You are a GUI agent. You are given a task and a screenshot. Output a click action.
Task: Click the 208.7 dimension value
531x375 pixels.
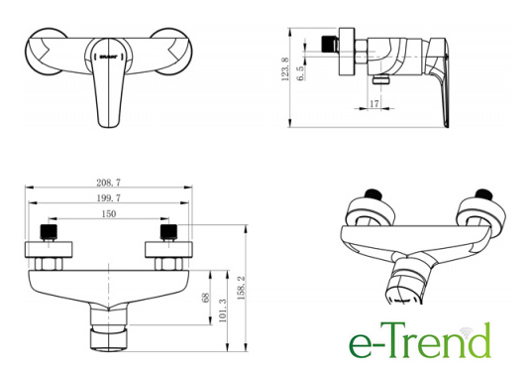[x=108, y=183]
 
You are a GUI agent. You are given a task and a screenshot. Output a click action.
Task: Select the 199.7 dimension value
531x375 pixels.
[x=108, y=198]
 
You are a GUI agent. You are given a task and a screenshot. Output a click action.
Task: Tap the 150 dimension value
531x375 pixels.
[x=109, y=214]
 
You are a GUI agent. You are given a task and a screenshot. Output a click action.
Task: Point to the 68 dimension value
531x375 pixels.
[x=205, y=298]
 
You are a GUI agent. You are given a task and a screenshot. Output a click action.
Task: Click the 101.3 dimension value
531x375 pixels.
[x=223, y=311]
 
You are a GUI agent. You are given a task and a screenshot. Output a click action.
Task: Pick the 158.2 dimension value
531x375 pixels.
[x=241, y=288]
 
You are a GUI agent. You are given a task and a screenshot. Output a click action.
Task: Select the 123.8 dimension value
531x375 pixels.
[x=285, y=69]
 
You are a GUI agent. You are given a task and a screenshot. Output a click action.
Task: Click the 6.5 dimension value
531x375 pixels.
[x=300, y=73]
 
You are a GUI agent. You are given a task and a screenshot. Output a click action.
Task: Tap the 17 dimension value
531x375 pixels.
[x=374, y=104]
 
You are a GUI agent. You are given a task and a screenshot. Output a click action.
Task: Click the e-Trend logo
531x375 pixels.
[x=420, y=340]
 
